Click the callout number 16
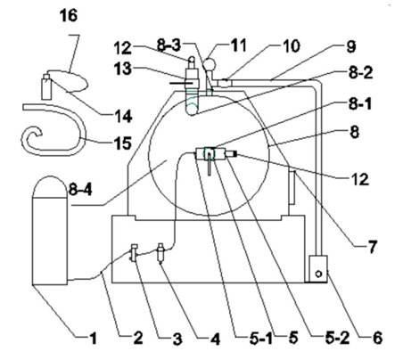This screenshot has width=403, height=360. [x=69, y=15]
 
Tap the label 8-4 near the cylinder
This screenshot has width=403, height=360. [x=80, y=189]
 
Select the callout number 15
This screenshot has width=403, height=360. [x=122, y=143]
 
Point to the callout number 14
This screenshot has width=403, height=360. [x=123, y=116]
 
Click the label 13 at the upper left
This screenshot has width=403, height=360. [x=123, y=69]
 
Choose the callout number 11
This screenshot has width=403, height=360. [x=238, y=46]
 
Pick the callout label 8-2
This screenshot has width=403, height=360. [x=360, y=73]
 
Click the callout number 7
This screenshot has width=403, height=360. [x=372, y=247]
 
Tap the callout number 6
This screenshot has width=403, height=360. [x=377, y=338]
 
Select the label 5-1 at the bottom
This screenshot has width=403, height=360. [x=261, y=339]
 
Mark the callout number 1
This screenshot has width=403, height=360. [x=93, y=339]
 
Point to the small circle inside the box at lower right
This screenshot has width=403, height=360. [x=318, y=274]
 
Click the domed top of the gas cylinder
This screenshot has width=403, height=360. [x=50, y=186]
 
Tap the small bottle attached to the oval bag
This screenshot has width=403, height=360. [x=46, y=86]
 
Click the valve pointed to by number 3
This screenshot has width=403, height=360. [x=134, y=252]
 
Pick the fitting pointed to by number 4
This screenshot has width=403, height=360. [x=160, y=253]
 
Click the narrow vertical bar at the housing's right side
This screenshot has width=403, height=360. [x=292, y=187]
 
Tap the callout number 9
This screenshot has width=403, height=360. [x=351, y=47]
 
